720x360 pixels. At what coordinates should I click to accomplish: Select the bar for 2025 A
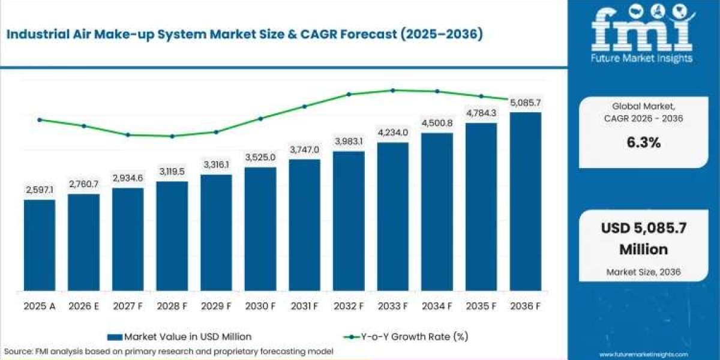(x=40, y=245)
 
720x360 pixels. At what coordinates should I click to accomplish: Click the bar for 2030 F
(x=260, y=229)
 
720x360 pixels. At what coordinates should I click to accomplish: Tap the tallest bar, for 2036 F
(x=526, y=202)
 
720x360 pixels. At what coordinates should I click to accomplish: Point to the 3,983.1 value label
(x=349, y=141)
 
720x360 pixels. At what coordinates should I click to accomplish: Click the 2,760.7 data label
(x=84, y=184)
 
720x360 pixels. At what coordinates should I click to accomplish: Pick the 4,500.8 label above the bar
(x=437, y=123)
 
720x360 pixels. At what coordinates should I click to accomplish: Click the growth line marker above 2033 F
(x=393, y=91)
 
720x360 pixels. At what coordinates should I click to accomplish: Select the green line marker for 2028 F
(x=172, y=136)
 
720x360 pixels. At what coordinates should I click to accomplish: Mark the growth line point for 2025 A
(x=40, y=120)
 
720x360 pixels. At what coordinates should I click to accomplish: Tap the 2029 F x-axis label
(x=216, y=306)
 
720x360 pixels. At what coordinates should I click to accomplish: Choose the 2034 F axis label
(x=437, y=306)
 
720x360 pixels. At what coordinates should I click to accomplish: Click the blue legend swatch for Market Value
(x=115, y=337)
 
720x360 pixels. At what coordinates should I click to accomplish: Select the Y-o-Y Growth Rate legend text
(x=415, y=337)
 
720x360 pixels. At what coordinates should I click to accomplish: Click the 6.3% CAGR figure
(x=644, y=142)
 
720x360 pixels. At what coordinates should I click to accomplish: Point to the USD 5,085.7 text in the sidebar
(x=644, y=228)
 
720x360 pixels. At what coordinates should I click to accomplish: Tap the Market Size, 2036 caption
(x=643, y=272)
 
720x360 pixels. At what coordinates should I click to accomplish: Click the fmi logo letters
(x=642, y=31)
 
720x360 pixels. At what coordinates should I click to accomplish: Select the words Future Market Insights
(x=641, y=58)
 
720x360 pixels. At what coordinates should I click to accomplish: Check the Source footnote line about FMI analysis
(x=169, y=352)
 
